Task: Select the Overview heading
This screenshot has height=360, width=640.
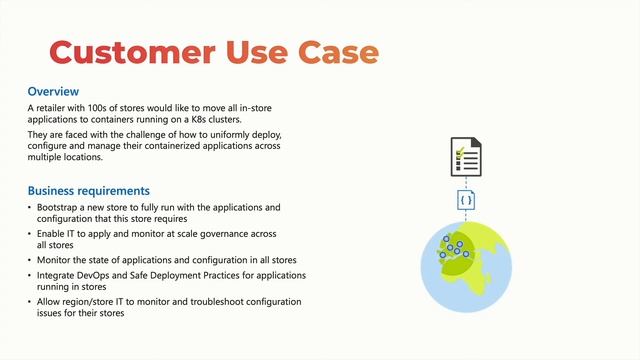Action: (53, 91)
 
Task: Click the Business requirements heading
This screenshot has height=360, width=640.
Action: (89, 190)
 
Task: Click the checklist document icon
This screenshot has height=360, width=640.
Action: (465, 158)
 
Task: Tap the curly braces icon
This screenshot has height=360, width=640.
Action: (466, 200)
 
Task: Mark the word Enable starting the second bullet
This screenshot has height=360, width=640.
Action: (52, 232)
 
